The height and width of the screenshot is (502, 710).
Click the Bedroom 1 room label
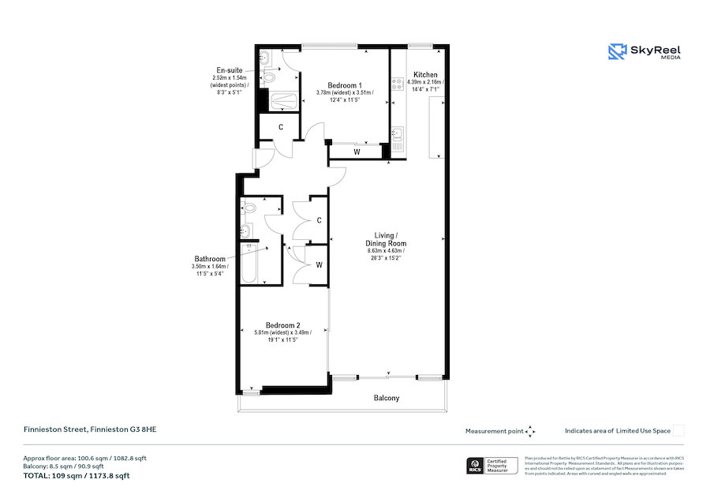pos(345,84)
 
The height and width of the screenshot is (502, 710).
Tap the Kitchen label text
pos(425,75)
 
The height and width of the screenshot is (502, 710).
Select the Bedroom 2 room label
pos(282,325)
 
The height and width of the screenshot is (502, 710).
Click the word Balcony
pos(386,398)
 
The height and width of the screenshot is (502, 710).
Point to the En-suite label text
pos(229,70)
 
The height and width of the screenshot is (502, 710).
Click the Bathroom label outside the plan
pos(210,259)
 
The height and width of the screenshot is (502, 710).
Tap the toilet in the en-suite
pos(271,76)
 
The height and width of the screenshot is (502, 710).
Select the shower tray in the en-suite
pos(282,101)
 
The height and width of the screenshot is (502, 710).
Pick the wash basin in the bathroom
pos(246,230)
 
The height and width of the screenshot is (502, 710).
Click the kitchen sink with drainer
pos(398,140)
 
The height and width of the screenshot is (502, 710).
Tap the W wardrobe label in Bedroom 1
pos(357,152)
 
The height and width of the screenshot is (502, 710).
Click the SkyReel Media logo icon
pos(616,51)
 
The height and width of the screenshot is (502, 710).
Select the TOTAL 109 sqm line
pos(77,476)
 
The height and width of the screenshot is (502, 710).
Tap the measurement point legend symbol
pos(530,431)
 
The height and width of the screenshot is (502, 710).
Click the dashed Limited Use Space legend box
pos(678,430)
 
